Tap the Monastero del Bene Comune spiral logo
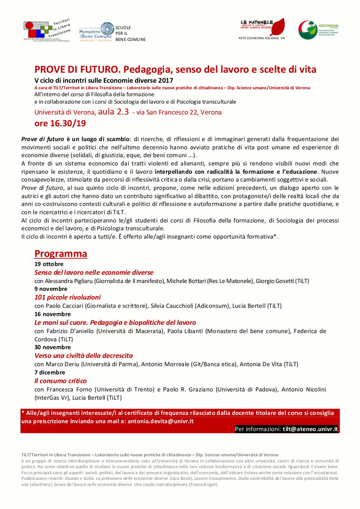click(x=106, y=30)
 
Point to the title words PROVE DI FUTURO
click(x=77, y=70)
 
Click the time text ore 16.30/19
click(x=60, y=123)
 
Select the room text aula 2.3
click(x=113, y=111)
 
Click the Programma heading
click(x=61, y=253)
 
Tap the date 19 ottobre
click(x=49, y=264)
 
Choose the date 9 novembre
click(x=51, y=289)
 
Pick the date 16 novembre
click(x=52, y=314)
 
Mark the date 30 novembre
click(x=52, y=347)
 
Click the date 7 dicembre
click(x=50, y=372)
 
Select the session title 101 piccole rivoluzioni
click(x=68, y=297)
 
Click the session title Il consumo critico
click(x=61, y=381)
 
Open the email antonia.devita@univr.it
click(x=160, y=421)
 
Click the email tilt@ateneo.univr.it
click(x=310, y=429)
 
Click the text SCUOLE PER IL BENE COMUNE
click(x=130, y=34)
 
